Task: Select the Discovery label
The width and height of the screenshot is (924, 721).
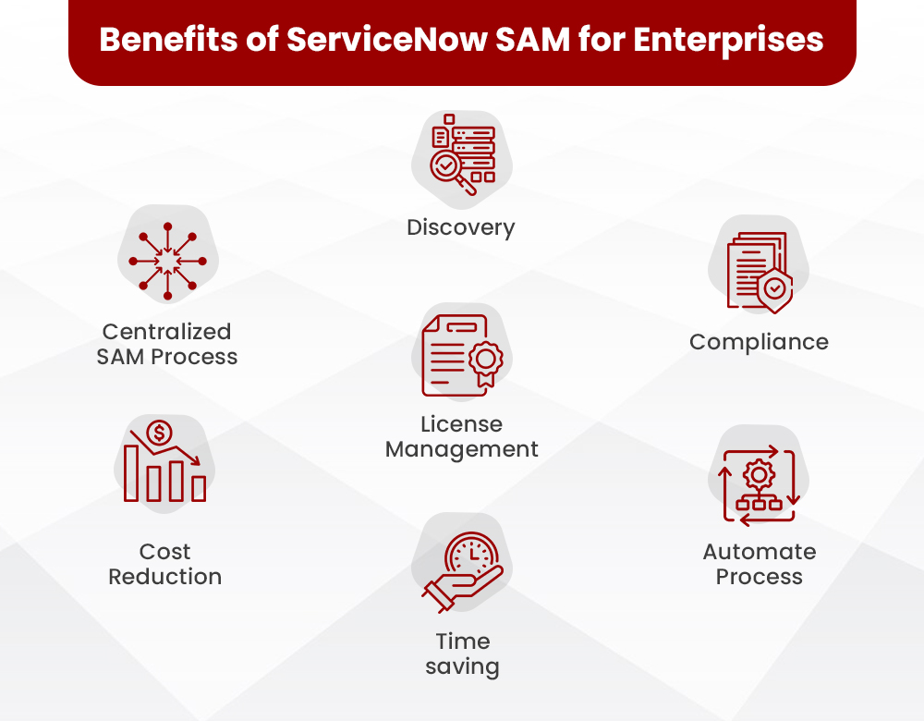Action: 461,227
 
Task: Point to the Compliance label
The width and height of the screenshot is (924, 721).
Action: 759,342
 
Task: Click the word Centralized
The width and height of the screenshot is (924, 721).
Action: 167,331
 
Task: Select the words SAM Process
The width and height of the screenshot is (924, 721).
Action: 167,357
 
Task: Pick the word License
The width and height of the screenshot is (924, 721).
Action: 462,424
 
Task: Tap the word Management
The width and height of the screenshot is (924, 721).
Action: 462,450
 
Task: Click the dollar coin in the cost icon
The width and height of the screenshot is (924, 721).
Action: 159,432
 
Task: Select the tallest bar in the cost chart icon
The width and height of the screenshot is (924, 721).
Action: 132,474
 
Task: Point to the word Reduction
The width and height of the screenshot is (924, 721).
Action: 165,577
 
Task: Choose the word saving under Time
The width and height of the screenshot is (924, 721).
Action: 462,666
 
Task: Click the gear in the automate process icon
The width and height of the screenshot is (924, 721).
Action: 760,474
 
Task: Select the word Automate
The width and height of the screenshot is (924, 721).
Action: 760,552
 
